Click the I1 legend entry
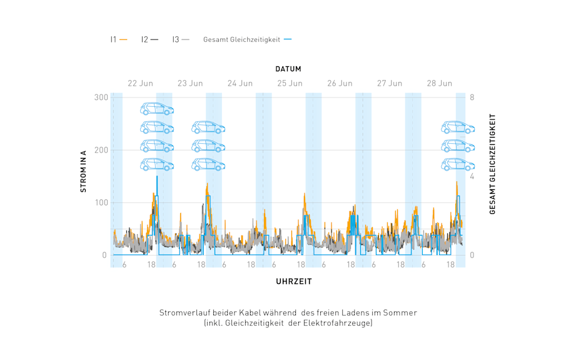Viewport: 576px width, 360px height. [x=118, y=39]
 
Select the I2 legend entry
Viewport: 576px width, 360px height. [x=149, y=39]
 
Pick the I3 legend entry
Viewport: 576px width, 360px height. [x=180, y=39]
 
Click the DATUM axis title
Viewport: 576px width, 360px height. [x=288, y=69]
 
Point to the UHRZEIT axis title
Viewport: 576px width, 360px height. [x=293, y=281]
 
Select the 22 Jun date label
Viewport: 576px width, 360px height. [x=140, y=83]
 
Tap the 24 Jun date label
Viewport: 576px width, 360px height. [x=240, y=83]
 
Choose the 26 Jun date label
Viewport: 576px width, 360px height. [x=340, y=83]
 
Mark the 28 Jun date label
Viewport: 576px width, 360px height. [x=439, y=83]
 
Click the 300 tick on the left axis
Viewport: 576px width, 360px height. [x=100, y=97]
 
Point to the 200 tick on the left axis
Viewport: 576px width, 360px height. [x=100, y=150]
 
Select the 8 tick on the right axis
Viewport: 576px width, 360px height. [x=472, y=97]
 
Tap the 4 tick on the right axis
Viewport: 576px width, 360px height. [x=472, y=176]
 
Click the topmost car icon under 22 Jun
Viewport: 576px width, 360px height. [x=156, y=109]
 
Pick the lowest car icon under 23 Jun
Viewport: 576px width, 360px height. [x=208, y=164]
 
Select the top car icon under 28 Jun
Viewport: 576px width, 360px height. [x=457, y=127]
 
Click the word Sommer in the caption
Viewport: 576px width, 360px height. [x=402, y=312]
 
